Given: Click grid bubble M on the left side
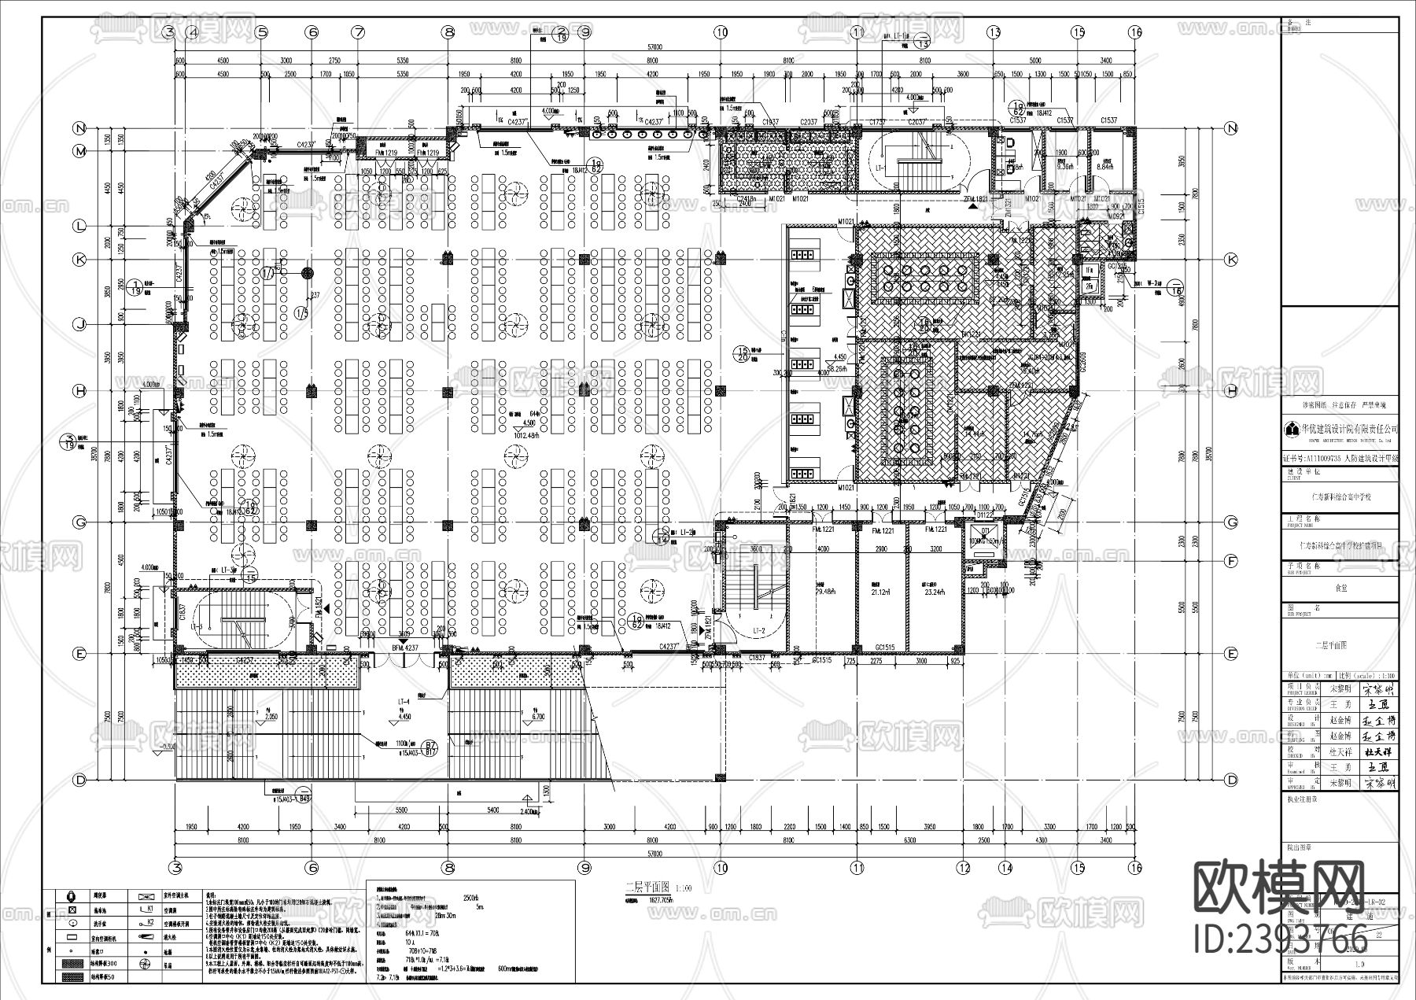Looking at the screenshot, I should [79, 150].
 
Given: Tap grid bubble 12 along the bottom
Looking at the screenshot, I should [964, 867].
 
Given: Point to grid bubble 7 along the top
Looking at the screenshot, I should [359, 32].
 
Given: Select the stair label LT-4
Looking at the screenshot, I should [404, 702].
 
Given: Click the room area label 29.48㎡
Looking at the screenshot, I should [825, 592].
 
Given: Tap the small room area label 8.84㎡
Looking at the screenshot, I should [1105, 166].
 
